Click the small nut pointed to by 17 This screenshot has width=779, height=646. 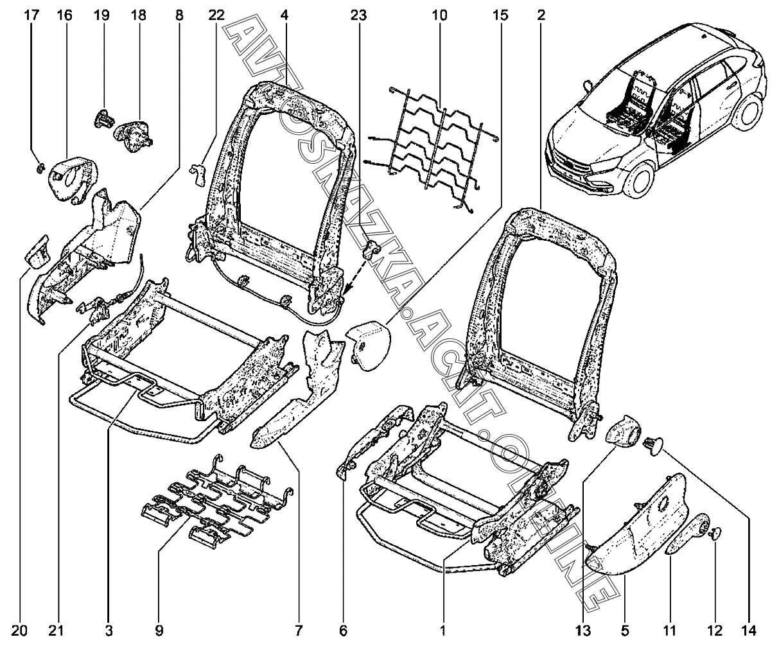pyautogui.click(x=38, y=168)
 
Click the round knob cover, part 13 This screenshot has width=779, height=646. pyautogui.click(x=622, y=435)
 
